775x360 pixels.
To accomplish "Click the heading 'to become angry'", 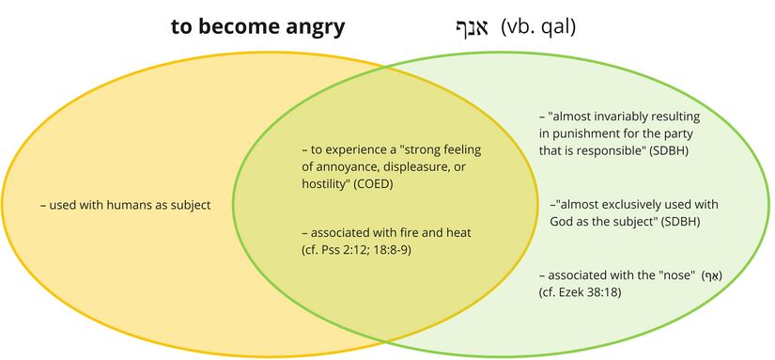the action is click(257, 26).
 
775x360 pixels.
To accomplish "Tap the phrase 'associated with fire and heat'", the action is click(386, 232).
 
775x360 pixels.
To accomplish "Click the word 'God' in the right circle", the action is click(563, 222).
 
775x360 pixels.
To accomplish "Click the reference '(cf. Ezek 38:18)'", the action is click(581, 293).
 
